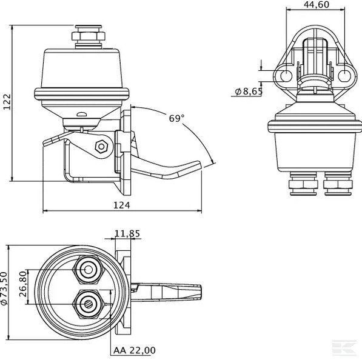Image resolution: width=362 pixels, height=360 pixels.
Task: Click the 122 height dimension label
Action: pyautogui.click(x=7, y=104)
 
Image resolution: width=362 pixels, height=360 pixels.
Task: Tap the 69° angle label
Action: pyautogui.click(x=176, y=119)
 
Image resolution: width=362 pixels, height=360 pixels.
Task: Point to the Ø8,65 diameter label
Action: pyautogui.click(x=247, y=92)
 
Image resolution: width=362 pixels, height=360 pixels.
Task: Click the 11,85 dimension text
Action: pyautogui.click(x=127, y=233)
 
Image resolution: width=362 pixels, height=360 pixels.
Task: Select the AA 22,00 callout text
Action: pyautogui.click(x=134, y=350)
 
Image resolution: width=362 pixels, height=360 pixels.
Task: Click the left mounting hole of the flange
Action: pyautogui.click(x=286, y=75)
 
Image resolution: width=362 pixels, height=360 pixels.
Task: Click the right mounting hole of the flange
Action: pyautogui.click(x=344, y=75)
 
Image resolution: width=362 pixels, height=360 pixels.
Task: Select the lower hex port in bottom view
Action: pyautogui.click(x=88, y=302)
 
